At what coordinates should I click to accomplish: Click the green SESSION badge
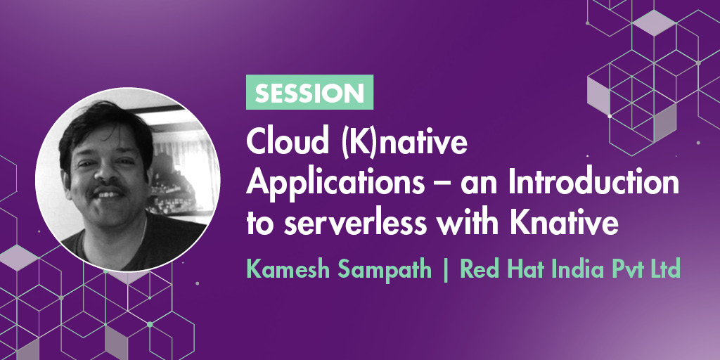pyautogui.click(x=309, y=92)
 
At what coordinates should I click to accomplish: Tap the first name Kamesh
pyautogui.click(x=289, y=269)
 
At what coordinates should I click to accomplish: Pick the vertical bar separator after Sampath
pyautogui.click(x=446, y=271)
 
